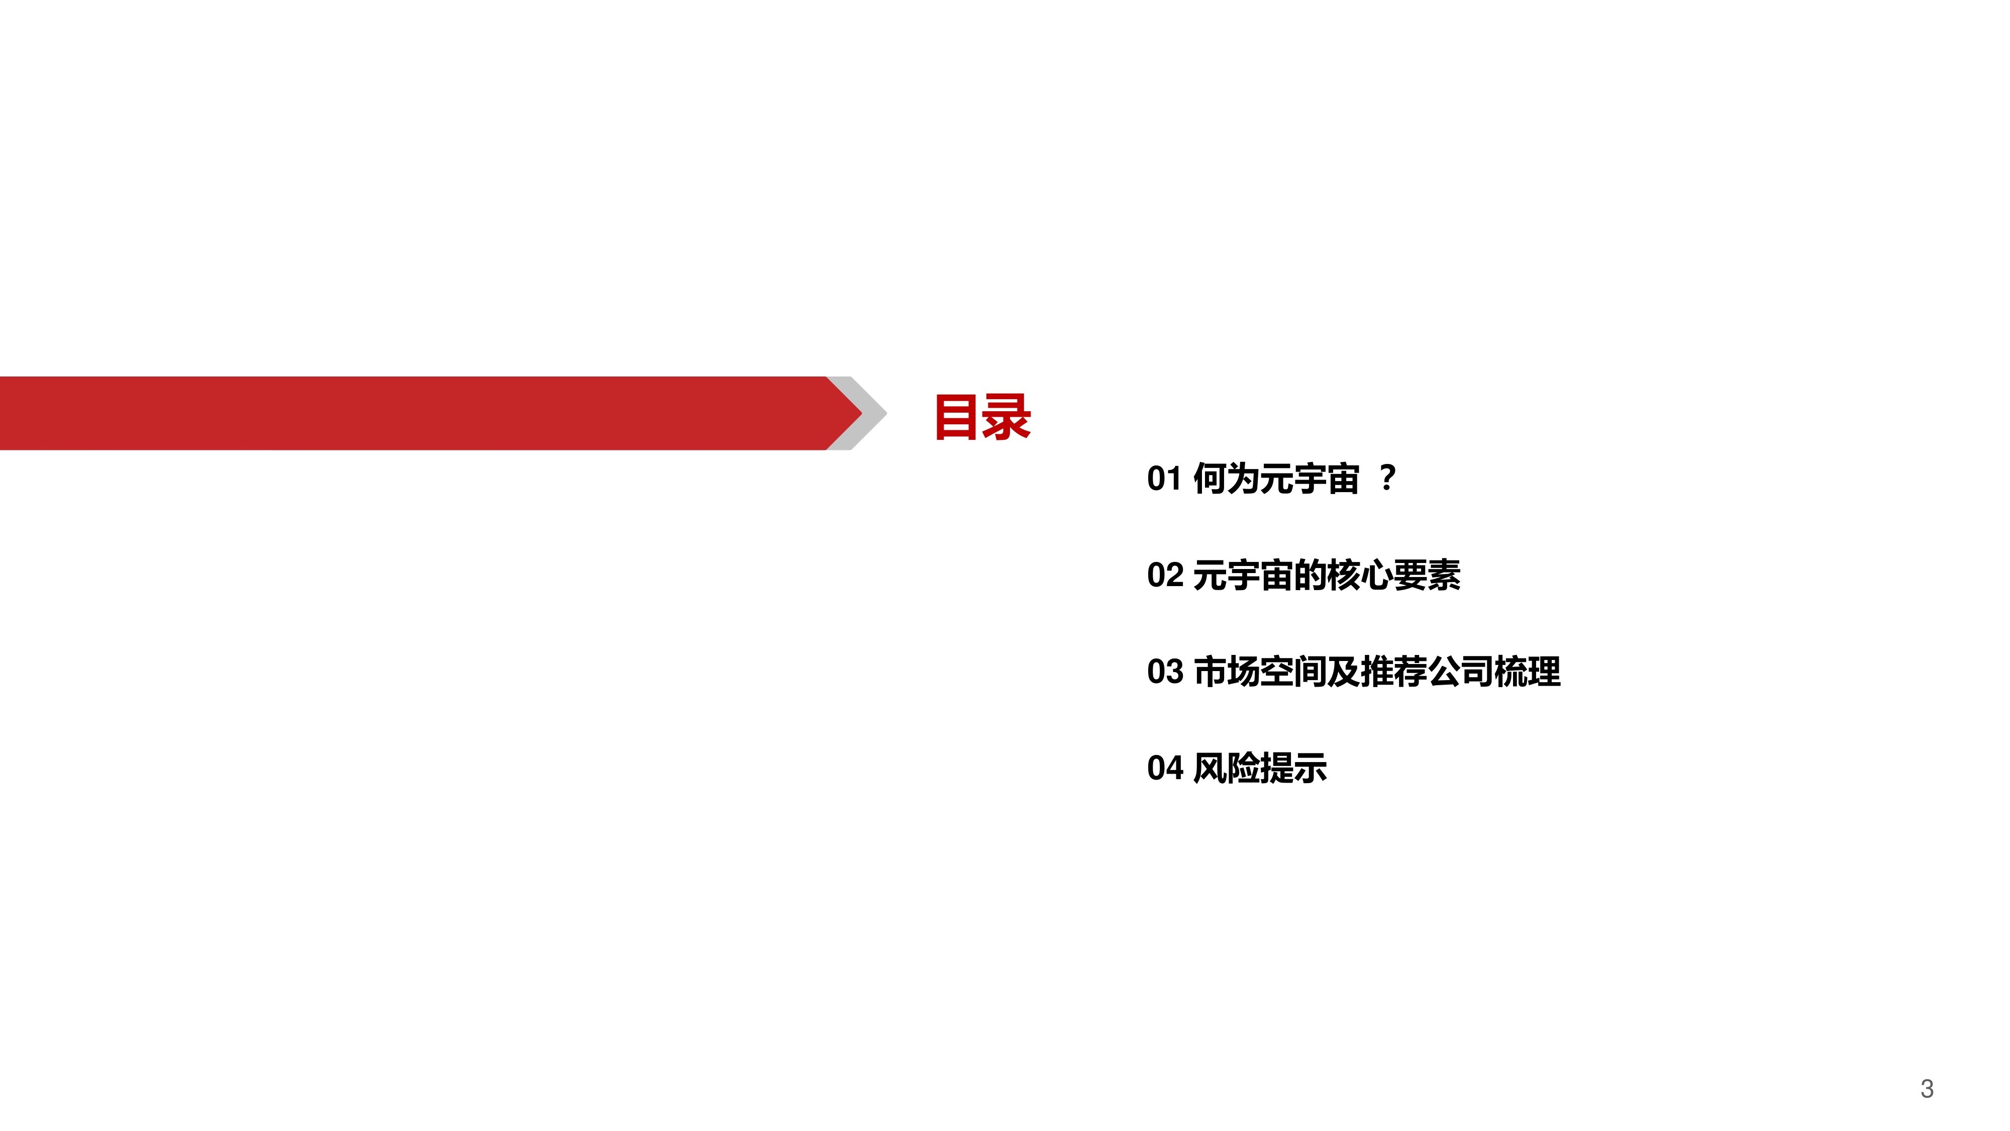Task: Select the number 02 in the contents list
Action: click(1165, 575)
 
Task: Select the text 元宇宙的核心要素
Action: click(1327, 575)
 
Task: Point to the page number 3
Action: click(1927, 1089)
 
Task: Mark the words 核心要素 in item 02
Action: click(1393, 575)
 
